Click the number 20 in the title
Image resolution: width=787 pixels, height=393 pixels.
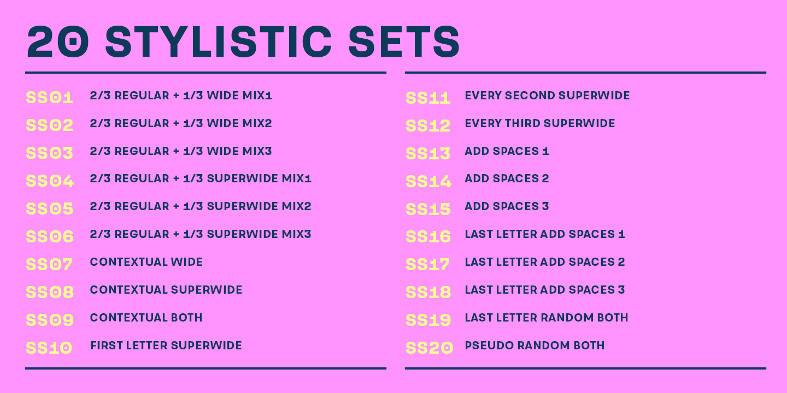57,41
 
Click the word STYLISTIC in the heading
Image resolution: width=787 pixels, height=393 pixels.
218,41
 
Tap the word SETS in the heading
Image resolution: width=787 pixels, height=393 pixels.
404,41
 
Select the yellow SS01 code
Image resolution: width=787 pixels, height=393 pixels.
50,98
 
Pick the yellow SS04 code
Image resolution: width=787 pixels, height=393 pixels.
50,181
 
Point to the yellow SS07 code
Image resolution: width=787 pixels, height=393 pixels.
49,264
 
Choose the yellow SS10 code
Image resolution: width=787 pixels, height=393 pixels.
49,348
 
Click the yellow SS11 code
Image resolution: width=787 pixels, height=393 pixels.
428,98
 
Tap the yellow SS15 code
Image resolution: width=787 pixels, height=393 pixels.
428,209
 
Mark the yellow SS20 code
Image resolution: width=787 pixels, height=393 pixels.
430,348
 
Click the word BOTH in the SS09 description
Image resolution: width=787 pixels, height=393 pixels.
186,318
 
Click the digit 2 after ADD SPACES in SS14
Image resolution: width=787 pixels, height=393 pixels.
545,178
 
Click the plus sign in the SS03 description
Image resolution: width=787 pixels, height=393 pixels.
177,152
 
